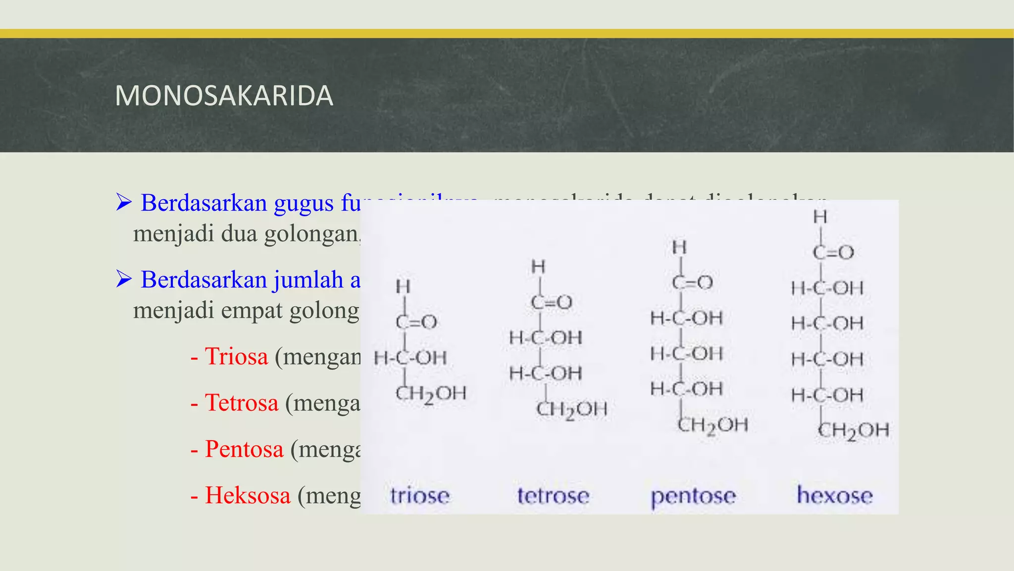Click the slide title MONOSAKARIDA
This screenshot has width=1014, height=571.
[224, 96]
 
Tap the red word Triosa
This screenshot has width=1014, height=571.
[236, 356]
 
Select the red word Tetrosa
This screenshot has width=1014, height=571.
[242, 402]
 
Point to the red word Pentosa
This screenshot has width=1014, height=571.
[244, 449]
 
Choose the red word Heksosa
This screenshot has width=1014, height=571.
[248, 495]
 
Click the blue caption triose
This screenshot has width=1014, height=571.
[420, 496]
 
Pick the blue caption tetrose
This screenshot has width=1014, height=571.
[553, 496]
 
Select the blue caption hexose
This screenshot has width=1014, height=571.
[835, 496]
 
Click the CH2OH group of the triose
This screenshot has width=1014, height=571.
[431, 394]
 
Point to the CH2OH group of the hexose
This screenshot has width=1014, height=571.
[853, 430]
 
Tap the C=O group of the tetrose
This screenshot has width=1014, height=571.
[552, 302]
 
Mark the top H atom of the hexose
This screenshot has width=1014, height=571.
[820, 217]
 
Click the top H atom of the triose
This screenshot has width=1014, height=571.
[403, 286]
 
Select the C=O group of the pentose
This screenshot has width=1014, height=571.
[692, 282]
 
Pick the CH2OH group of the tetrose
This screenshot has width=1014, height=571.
[571, 409]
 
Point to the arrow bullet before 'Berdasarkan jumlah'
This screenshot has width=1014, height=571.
[124, 279]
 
